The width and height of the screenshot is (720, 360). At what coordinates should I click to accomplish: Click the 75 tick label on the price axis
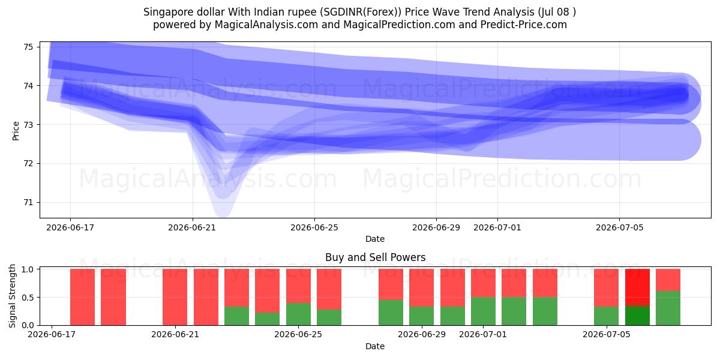(28, 47)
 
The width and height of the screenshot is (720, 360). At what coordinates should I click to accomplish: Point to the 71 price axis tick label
(28, 203)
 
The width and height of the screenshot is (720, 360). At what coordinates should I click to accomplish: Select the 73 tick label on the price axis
(28, 125)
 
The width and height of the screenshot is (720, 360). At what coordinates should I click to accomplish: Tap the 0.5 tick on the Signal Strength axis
(27, 298)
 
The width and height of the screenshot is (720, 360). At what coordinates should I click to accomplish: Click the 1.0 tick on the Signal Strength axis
(27, 269)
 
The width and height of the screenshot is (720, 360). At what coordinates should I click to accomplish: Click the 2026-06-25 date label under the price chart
(314, 227)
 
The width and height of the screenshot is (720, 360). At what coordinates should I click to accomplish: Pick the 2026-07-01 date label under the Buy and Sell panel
(483, 334)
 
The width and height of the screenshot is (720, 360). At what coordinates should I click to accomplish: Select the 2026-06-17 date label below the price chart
(70, 227)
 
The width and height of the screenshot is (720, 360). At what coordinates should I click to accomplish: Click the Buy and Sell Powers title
(375, 257)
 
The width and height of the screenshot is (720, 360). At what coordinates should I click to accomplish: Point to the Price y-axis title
(16, 131)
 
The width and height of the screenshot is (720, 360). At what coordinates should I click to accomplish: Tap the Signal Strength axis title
(12, 296)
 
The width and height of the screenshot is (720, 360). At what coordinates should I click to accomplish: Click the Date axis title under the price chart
(375, 239)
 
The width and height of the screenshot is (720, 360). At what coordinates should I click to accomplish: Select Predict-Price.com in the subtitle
(524, 25)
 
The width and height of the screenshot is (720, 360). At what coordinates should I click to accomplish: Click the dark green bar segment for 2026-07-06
(637, 316)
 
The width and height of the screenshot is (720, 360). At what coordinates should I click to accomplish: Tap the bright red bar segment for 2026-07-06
(637, 286)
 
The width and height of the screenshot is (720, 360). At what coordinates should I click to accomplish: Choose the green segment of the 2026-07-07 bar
(668, 308)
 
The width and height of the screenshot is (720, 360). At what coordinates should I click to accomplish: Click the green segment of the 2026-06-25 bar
(298, 314)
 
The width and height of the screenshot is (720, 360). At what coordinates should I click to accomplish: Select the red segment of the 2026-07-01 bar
(483, 283)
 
